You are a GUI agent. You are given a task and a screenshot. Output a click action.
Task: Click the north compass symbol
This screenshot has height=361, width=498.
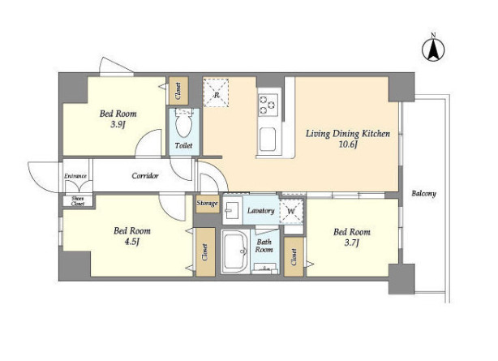pos(433,49)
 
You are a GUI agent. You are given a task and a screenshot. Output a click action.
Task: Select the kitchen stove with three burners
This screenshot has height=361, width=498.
pos(268,105)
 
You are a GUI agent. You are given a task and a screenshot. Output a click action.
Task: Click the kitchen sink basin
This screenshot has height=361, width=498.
pos(268,140)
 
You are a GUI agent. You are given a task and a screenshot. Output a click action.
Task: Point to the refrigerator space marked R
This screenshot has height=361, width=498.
pos(216,93)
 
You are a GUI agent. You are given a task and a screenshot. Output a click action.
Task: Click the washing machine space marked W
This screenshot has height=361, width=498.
pos(291,211)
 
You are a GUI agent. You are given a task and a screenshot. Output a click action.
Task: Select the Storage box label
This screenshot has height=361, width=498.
pos(207,203)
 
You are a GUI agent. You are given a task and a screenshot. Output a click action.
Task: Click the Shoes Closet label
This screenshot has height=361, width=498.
pos(78,201)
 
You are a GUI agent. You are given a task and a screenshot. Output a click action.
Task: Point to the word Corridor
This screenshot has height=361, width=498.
pos(145,176)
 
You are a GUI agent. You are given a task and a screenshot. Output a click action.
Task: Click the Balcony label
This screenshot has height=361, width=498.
pos(423,194)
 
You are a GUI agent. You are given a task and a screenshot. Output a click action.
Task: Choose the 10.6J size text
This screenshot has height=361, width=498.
pos(348,145)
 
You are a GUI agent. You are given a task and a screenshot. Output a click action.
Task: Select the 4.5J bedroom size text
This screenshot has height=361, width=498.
pos(132,242)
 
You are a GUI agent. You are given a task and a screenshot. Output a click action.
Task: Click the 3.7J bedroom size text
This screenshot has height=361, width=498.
pos(351,243)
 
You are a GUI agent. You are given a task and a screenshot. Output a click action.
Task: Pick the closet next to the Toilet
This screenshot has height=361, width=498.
pos(178,91)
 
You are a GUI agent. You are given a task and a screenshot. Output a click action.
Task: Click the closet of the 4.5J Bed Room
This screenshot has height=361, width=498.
pos(205,252)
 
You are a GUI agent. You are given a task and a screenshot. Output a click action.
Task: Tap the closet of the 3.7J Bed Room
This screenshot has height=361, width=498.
pos(294,257)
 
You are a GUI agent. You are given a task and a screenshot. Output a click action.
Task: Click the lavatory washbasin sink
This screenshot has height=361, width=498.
pos(233,210)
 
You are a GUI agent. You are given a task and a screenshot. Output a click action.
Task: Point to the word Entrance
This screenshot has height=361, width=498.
pos(75,176)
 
